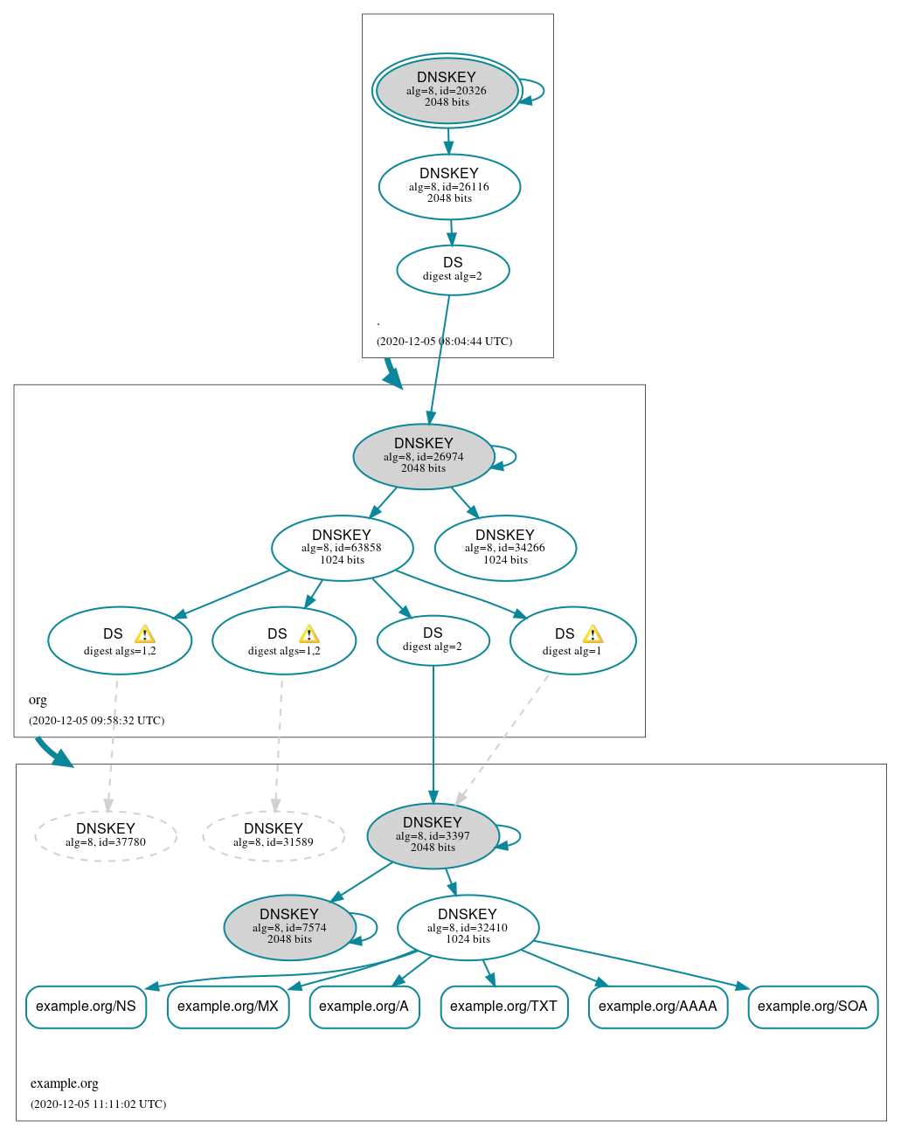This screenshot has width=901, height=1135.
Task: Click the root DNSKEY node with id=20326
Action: (x=447, y=91)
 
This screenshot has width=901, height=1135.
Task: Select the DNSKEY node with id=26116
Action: (x=449, y=187)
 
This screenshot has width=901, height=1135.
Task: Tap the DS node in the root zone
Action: (x=453, y=270)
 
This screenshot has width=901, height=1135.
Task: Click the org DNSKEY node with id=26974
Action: (x=424, y=457)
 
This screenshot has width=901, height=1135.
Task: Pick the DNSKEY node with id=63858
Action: (x=342, y=549)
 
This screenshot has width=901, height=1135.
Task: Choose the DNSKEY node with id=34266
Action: (x=505, y=549)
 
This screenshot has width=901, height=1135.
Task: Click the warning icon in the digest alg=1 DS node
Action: (x=593, y=634)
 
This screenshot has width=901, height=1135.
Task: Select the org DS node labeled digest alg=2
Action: (x=433, y=640)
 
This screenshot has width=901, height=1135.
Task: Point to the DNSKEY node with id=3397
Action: (x=433, y=836)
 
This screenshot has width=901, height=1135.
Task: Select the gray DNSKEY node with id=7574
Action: (x=289, y=928)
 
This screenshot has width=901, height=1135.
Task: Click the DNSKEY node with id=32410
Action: (x=468, y=928)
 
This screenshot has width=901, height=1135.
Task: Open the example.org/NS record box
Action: (x=86, y=1007)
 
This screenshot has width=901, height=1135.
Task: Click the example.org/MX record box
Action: (x=228, y=1007)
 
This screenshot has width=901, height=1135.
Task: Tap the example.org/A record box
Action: (x=364, y=1007)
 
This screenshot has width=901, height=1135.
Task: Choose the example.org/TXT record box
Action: (x=504, y=1007)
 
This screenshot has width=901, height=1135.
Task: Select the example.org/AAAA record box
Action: (x=658, y=1007)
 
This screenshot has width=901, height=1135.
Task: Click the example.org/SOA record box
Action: (x=813, y=1007)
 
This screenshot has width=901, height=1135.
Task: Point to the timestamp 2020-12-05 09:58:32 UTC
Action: (x=97, y=721)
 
